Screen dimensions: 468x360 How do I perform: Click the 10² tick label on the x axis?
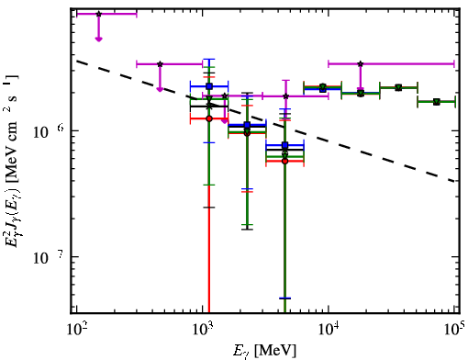tap(76, 329)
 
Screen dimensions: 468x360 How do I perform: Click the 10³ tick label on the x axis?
tap(202, 329)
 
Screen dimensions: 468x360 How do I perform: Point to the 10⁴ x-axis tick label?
tap(328, 329)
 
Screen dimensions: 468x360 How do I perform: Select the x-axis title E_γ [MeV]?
tap(264, 351)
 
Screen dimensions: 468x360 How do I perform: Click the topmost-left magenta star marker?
tap(98, 14)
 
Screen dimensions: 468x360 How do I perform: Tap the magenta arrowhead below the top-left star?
tap(98, 39)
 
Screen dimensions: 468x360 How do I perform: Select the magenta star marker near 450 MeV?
tap(160, 64)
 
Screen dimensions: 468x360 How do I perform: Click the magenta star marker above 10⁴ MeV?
tap(361, 64)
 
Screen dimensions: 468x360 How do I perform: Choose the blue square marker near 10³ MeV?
tap(209, 86)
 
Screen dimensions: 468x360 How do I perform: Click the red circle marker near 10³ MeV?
tap(209, 118)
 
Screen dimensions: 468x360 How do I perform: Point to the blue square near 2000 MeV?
tap(247, 125)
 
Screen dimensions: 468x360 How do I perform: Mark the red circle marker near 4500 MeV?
tap(284, 161)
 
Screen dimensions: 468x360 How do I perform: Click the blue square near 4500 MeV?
tap(284, 145)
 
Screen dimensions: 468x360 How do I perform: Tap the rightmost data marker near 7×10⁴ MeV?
tap(436, 102)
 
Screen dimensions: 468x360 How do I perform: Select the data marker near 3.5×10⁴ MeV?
tap(398, 88)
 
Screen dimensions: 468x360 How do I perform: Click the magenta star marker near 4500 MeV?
tap(285, 96)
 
